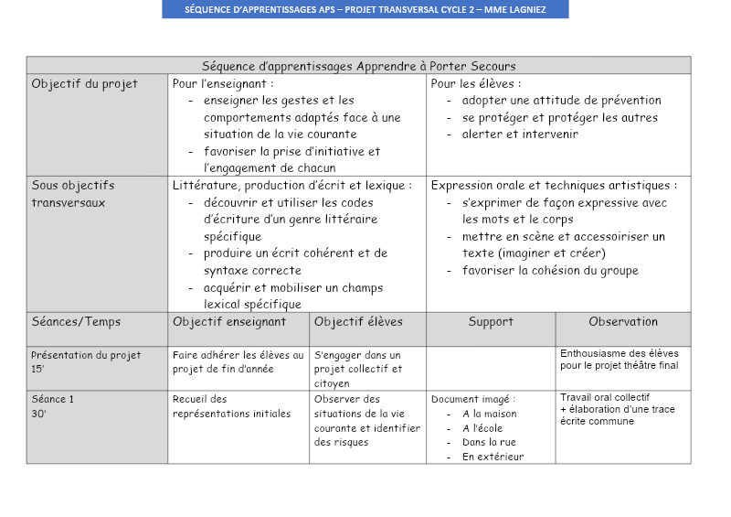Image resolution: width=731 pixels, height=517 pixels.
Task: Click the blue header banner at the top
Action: (365, 9)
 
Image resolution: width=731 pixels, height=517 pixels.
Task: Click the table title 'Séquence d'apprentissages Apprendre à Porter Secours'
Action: (358, 66)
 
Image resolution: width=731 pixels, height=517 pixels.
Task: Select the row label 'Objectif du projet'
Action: (84, 84)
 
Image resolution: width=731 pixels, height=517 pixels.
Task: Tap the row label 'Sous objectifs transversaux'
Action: (74, 194)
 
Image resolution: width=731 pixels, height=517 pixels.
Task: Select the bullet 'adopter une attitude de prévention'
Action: (561, 101)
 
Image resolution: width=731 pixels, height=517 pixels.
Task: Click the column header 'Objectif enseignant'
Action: (229, 322)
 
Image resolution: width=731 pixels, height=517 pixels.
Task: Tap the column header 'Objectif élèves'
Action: (358, 322)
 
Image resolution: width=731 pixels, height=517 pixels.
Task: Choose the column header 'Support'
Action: (491, 322)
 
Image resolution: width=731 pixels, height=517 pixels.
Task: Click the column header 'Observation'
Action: (623, 322)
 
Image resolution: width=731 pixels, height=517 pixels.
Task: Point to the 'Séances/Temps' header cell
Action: (76, 322)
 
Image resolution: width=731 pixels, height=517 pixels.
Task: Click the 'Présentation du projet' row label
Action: (86, 355)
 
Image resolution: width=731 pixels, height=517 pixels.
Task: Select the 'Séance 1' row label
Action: (53, 399)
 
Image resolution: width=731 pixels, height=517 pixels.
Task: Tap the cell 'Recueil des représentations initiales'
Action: (231, 406)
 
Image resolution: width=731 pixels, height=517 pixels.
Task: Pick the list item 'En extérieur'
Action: (493, 457)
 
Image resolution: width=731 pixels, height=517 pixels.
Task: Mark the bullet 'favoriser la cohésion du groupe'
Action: (550, 271)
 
